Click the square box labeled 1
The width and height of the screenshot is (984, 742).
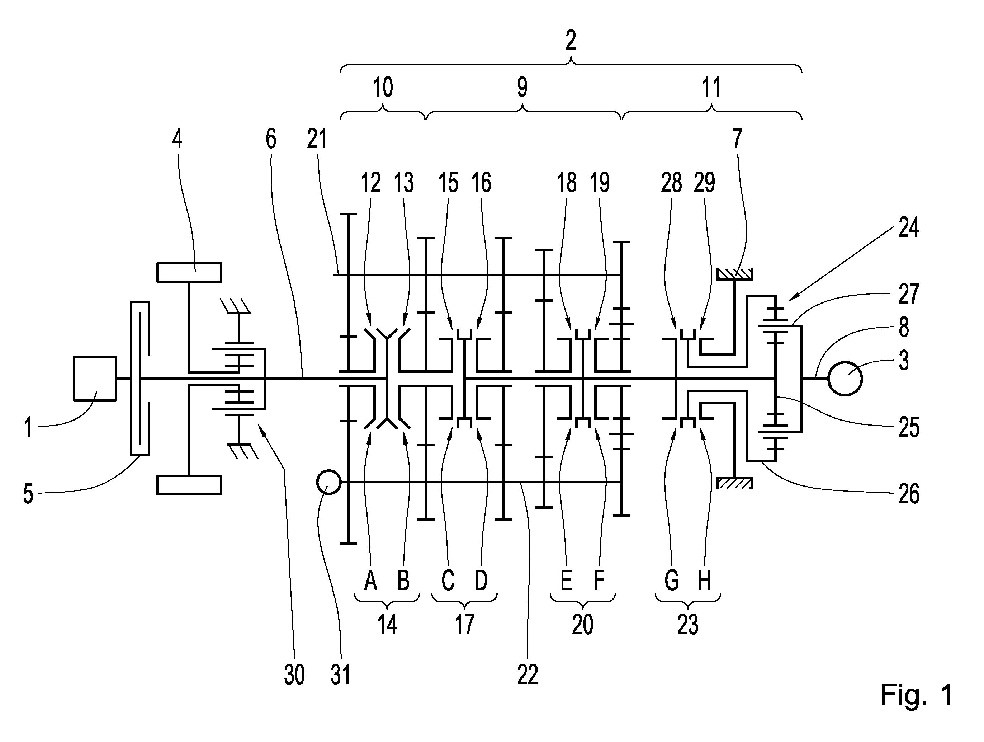95,378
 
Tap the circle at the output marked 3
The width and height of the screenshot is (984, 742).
845,378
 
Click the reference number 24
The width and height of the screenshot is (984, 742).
908,227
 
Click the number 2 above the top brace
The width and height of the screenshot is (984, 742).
571,41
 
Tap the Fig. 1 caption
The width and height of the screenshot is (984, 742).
916,694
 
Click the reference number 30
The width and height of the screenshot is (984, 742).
294,675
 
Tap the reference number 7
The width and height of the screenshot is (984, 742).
738,138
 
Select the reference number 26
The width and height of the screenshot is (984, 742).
909,494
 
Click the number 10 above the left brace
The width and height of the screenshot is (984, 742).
383,87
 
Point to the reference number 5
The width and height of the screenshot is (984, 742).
28,494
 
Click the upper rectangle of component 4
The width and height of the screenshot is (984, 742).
189,272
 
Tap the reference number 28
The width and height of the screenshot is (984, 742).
671,183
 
